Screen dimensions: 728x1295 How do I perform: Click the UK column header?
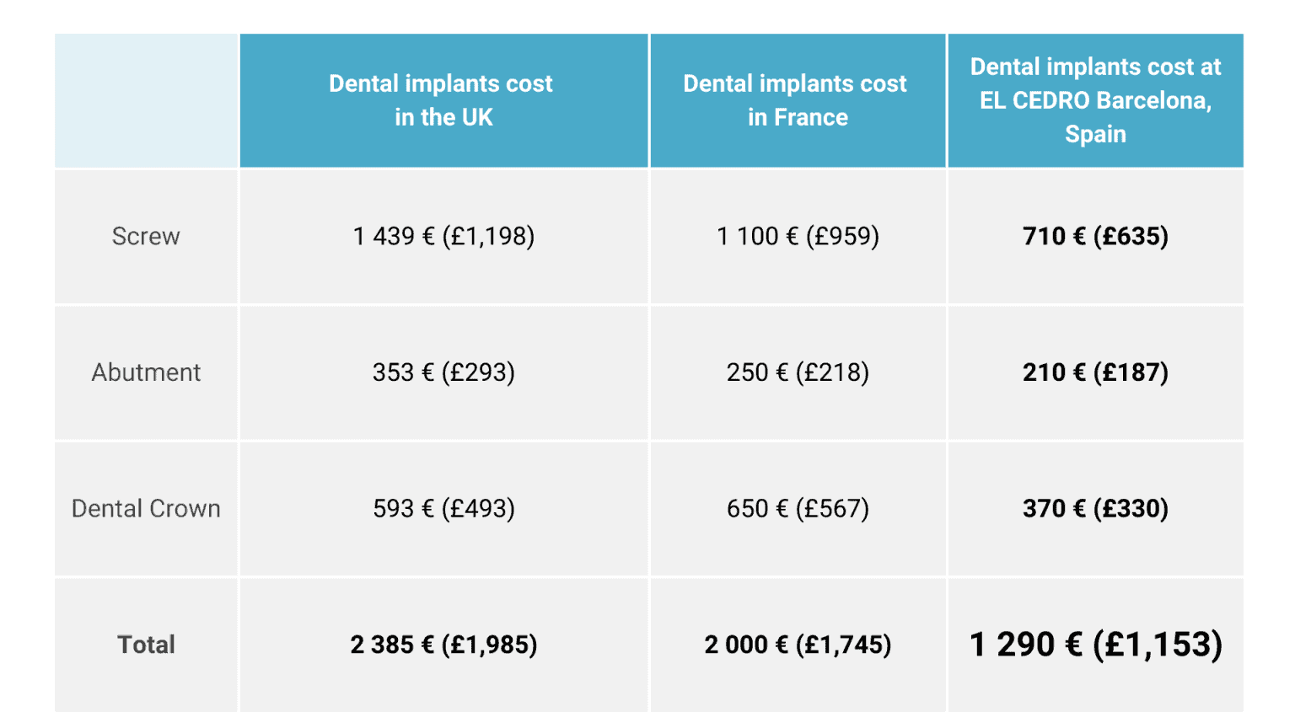pyautogui.click(x=443, y=100)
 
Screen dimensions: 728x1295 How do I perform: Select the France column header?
pyautogui.click(x=797, y=100)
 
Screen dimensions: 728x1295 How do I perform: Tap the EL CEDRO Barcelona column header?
pyautogui.click(x=1094, y=99)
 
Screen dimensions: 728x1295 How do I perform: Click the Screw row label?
pyautogui.click(x=146, y=237)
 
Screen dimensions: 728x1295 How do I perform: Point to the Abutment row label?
pyautogui.click(x=146, y=372)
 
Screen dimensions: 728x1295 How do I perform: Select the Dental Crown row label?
pyautogui.click(x=146, y=509)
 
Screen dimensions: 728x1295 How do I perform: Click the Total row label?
pyautogui.click(x=146, y=645)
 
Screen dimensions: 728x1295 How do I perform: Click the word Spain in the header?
pyautogui.click(x=1095, y=134)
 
